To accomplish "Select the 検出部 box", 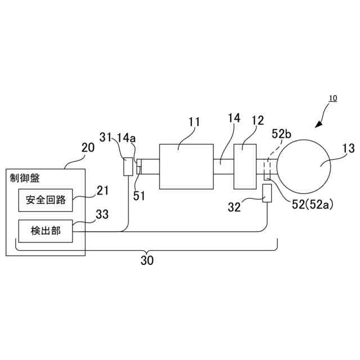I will [46, 231].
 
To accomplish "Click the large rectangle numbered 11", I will [186, 166].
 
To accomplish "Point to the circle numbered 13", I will [304, 165].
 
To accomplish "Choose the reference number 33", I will [102, 214].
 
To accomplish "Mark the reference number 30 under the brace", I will [147, 260].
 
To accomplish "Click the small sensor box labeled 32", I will [267, 194].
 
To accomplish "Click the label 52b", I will [281, 134].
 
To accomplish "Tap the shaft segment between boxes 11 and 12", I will [223, 166].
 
